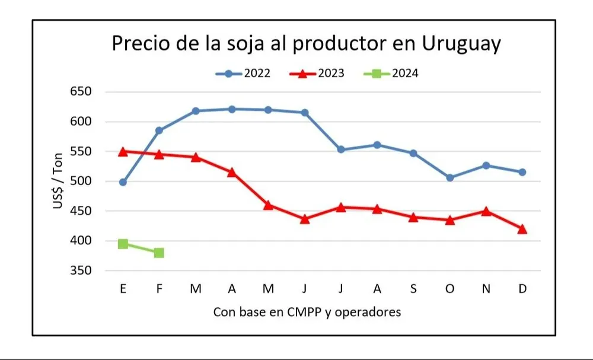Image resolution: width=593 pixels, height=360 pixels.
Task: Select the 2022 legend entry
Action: [243, 74]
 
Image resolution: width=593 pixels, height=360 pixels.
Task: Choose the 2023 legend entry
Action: [317, 74]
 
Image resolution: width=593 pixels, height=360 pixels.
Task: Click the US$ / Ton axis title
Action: [58, 181]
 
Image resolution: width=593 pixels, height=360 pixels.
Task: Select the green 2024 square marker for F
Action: [159, 253]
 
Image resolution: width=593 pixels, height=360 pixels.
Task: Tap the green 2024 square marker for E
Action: [123, 244]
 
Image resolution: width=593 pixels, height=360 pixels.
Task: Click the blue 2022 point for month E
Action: [123, 182]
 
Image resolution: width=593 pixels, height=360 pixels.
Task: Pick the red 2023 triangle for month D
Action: [522, 229]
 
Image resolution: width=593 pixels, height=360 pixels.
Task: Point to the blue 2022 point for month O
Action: [450, 177]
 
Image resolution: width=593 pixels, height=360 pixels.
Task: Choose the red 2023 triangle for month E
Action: [123, 151]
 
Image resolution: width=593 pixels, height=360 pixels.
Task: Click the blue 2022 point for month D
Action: [522, 172]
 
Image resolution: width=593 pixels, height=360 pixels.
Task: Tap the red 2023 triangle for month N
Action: [486, 211]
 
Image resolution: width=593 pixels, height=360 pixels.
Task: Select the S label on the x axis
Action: [413, 289]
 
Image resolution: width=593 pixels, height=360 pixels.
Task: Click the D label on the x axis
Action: [522, 289]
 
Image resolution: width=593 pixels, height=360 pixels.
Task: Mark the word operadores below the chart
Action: [368, 312]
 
